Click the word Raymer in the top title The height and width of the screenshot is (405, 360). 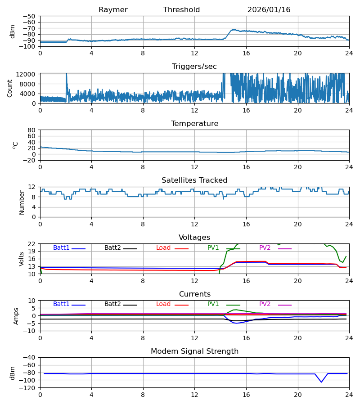point(113,10)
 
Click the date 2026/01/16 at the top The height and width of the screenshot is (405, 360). point(269,10)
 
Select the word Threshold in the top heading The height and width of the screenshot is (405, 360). point(181,10)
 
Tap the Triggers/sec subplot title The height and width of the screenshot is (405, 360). point(194,67)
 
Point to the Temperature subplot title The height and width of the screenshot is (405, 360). point(194,124)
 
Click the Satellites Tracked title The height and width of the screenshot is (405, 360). point(194,180)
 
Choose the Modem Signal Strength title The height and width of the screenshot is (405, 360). point(194,351)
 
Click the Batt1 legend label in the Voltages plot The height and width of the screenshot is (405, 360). point(62,248)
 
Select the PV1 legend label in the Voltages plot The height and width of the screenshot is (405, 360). point(213,248)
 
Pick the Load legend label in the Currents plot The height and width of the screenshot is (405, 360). point(163,304)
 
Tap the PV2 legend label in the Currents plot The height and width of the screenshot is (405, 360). point(265,304)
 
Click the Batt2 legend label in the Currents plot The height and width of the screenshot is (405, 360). point(113,304)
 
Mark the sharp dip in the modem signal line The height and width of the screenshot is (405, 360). point(321,382)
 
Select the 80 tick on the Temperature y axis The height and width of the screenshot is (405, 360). point(31,130)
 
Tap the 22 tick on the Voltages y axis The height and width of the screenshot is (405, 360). point(31,244)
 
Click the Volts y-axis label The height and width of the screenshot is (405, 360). point(22,259)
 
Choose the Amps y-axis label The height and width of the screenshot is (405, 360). point(16,316)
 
